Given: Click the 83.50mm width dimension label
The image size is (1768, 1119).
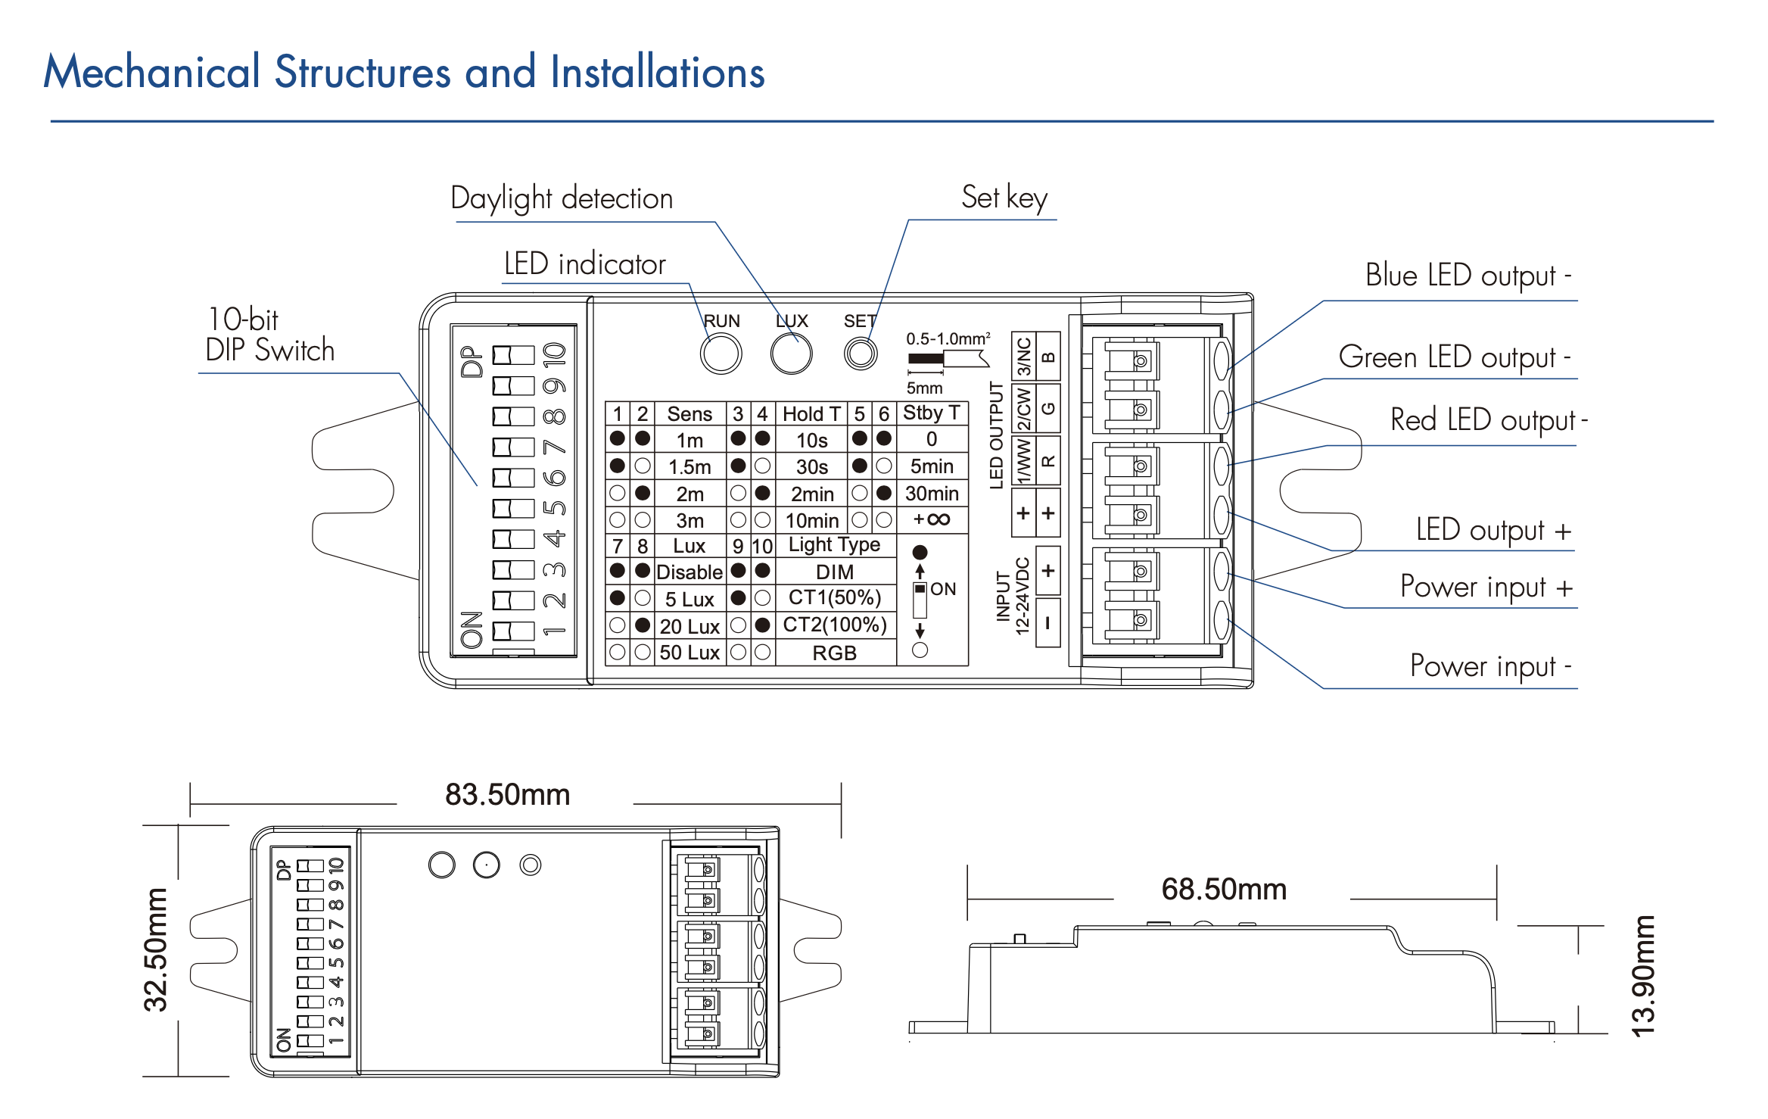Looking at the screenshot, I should click(507, 795).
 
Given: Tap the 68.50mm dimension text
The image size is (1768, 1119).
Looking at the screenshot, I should click(1224, 889).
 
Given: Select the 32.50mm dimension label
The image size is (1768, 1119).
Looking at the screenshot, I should click(156, 950).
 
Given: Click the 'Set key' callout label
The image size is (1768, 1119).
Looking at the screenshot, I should click(1004, 198).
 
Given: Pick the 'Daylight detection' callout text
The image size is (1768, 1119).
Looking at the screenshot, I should click(562, 198).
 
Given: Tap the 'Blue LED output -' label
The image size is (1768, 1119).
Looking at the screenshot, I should click(1468, 276).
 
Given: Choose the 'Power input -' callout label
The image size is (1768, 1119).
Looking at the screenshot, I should click(1490, 666).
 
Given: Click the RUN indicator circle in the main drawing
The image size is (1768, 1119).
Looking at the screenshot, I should click(721, 354).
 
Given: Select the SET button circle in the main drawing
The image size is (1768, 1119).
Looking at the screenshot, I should click(861, 354).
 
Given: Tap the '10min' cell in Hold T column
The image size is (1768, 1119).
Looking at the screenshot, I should click(812, 521).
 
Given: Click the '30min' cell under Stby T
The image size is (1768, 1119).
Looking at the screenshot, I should click(932, 494).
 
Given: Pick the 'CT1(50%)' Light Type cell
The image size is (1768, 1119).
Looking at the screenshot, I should click(835, 598).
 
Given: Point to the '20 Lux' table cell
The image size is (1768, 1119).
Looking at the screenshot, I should click(689, 626).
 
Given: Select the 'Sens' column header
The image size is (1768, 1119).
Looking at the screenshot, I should click(689, 414).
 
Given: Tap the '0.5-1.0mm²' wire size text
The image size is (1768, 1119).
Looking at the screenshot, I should click(948, 338).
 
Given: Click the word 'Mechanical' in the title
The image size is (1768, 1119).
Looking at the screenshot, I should click(152, 73).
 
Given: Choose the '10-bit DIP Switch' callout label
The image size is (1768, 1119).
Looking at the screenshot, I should click(269, 335).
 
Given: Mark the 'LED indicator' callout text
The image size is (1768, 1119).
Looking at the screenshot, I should click(584, 264).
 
